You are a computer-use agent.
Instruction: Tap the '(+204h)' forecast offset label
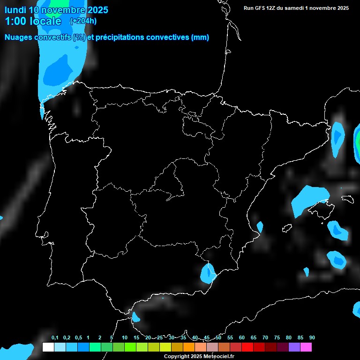(83, 21)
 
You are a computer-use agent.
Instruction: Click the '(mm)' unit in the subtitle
(200, 37)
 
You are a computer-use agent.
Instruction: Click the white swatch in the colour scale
(48, 347)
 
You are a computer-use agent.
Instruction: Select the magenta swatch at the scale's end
(306, 347)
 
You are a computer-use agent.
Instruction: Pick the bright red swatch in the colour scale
(247, 347)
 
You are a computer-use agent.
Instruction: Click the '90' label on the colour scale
(312, 338)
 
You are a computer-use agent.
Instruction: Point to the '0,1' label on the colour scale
(55, 338)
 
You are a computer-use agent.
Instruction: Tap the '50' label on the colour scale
(218, 338)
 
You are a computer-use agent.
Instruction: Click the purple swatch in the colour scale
(294, 347)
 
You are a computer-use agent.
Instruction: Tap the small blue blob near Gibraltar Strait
(135, 317)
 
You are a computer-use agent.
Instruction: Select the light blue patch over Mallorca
(309, 198)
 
